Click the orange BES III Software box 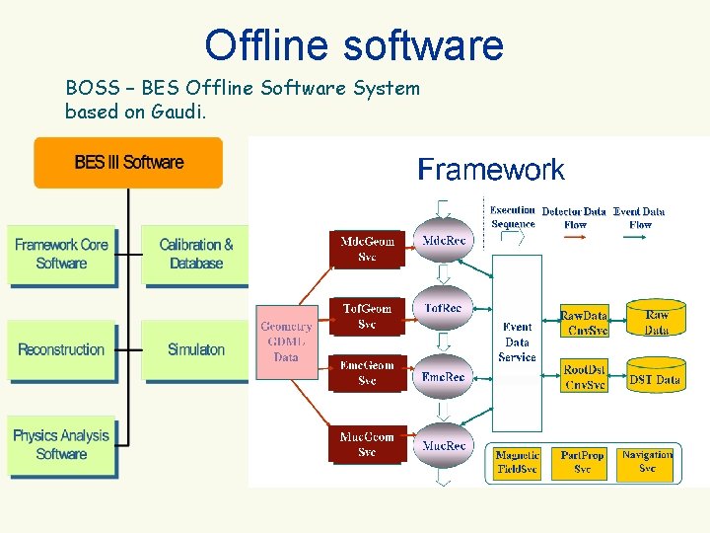[128, 162]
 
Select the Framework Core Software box [61, 255]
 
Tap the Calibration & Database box [196, 255]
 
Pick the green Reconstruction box [61, 350]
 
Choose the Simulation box [196, 350]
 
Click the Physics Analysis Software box [61, 445]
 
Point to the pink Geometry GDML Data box [287, 342]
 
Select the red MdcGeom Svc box [367, 249]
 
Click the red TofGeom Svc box [367, 316]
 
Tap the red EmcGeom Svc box [367, 373]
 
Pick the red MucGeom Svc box [367, 444]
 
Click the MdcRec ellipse [444, 241]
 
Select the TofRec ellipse [444, 309]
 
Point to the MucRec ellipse [444, 446]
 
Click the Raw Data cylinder [656, 322]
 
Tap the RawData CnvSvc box [584, 323]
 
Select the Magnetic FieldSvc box [518, 462]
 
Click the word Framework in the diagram [491, 170]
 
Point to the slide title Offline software [354, 44]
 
